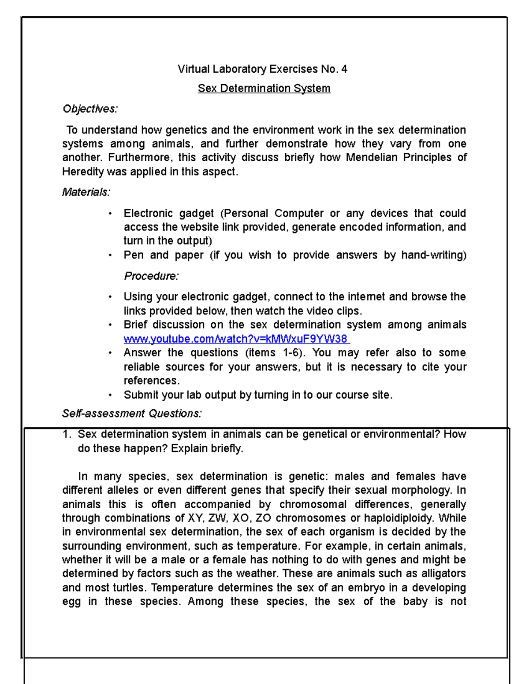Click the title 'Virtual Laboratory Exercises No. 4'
pos(262,69)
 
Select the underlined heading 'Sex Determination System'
pos(264,89)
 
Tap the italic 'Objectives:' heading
pos(90,109)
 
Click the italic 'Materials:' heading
pos(86,192)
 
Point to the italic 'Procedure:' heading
pos(151,276)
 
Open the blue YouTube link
pos(236,339)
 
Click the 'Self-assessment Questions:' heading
pos(132,414)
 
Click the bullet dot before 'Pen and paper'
pos(110,255)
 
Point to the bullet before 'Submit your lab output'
pos(110,395)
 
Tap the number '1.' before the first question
pos(67,434)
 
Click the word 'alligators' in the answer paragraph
pos(443,573)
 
